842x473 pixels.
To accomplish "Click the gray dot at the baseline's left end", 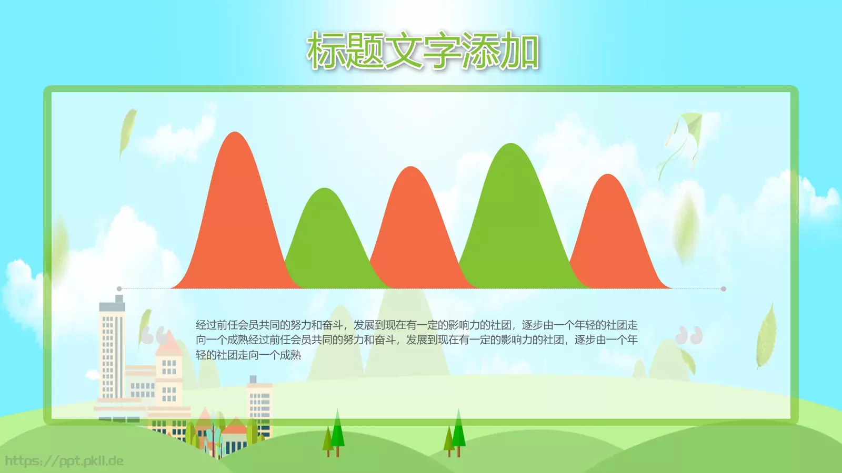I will click(x=119, y=289).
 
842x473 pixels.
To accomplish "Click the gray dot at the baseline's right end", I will click(x=724, y=289).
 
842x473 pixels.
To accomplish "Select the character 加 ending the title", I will click(x=520, y=51).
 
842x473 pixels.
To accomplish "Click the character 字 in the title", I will click(x=442, y=51).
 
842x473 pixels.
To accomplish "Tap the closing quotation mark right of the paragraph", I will click(x=689, y=335).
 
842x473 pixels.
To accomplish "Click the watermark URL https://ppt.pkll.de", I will click(x=64, y=461).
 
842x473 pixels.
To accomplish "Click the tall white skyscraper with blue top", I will click(x=112, y=352).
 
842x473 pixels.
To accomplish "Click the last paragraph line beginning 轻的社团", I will click(x=248, y=355).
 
